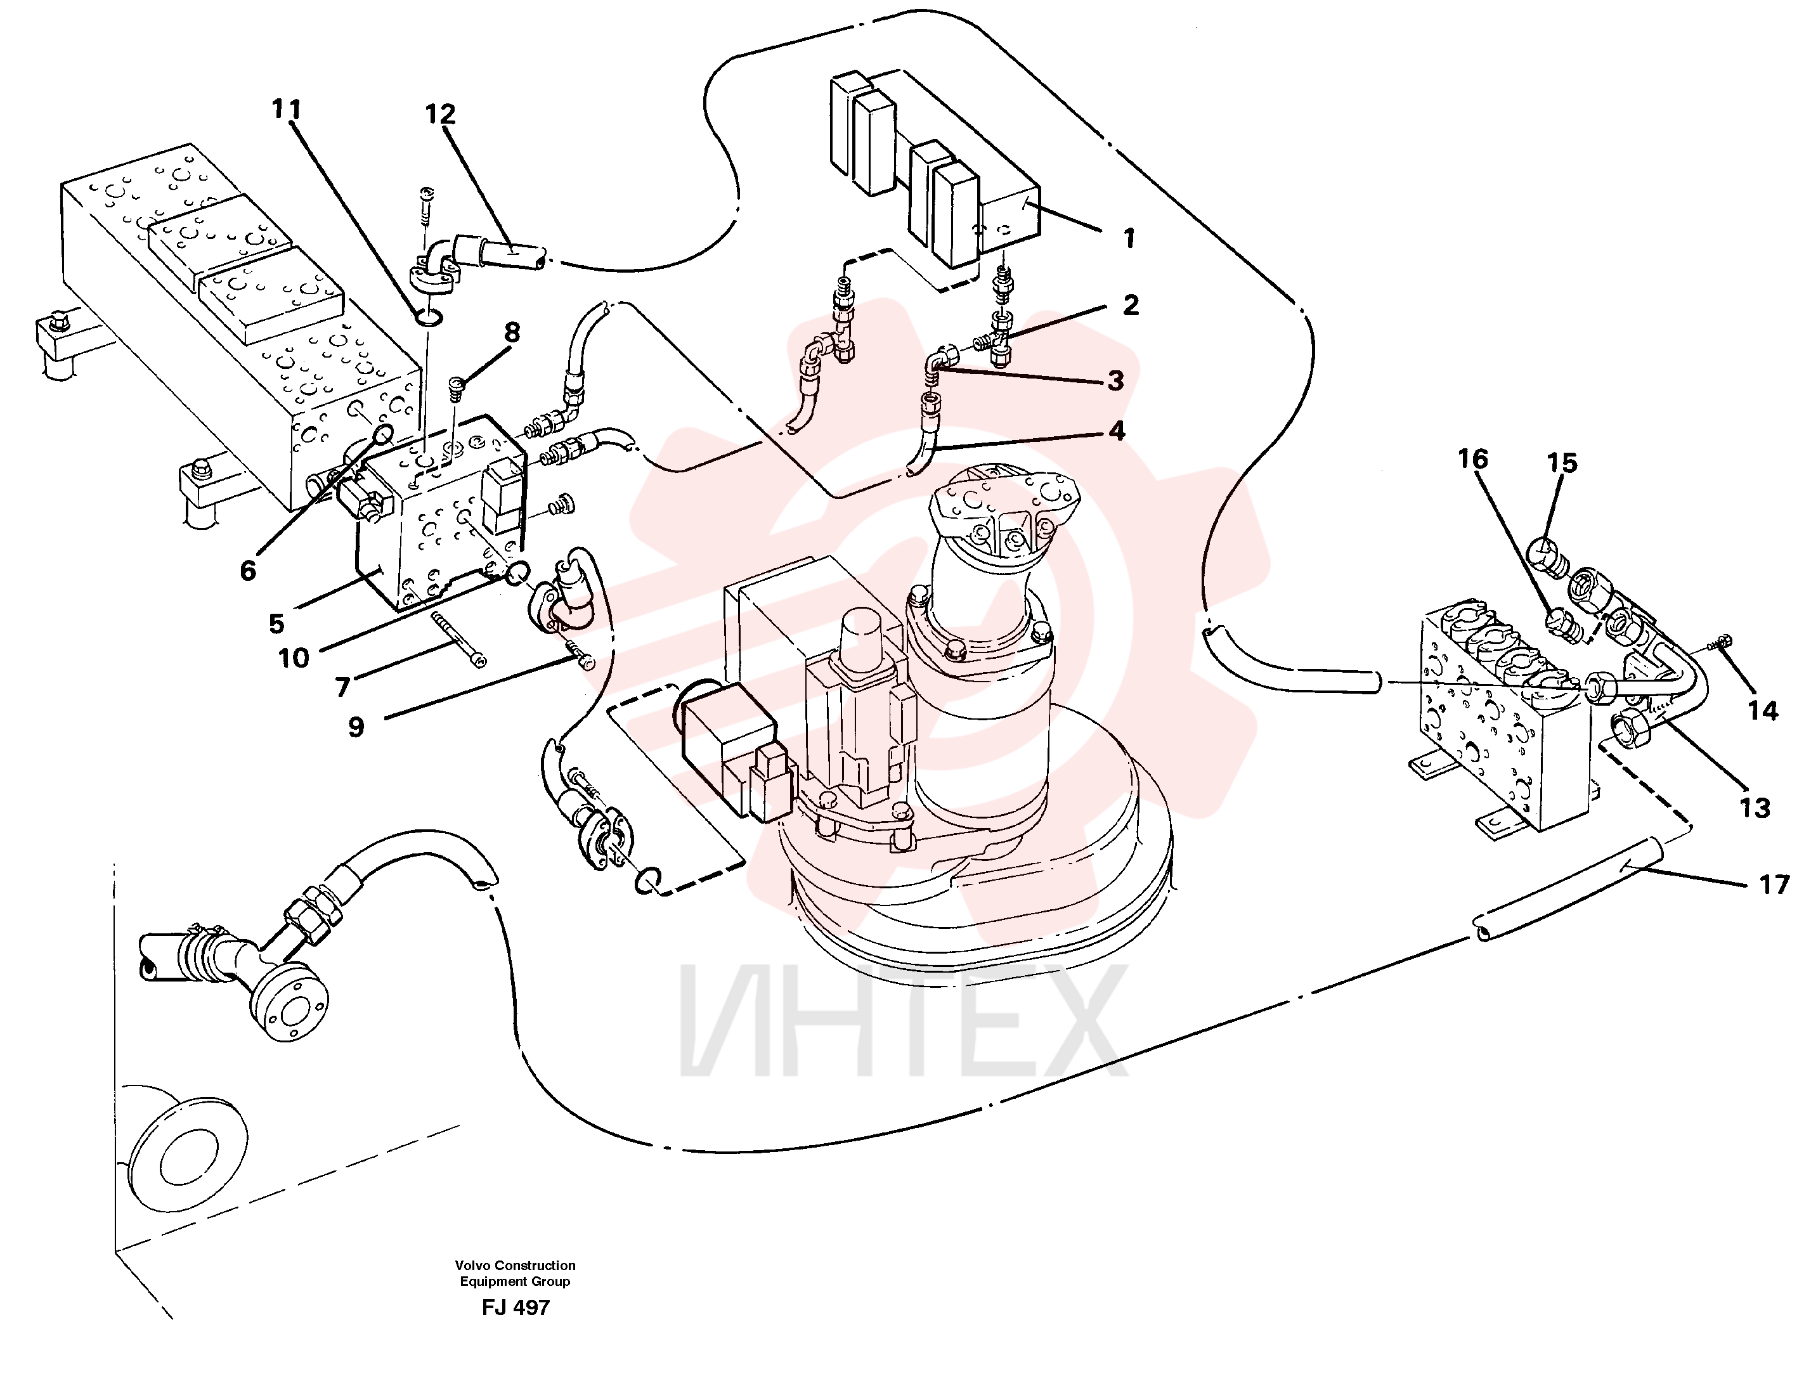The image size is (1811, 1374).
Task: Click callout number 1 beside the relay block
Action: coord(1129,238)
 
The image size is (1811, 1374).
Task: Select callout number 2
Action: coord(1130,306)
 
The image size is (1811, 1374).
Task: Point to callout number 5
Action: coord(276,623)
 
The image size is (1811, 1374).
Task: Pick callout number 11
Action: coord(287,109)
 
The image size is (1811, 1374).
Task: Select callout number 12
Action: coord(439,114)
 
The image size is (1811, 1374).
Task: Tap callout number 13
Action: coord(1755,808)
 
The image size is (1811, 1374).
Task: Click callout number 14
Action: coord(1763,711)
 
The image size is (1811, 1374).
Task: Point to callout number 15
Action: coord(1561,463)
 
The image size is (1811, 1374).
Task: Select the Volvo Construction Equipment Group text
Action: coord(515,1273)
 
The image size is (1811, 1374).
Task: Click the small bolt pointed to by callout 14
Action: coord(1718,644)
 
